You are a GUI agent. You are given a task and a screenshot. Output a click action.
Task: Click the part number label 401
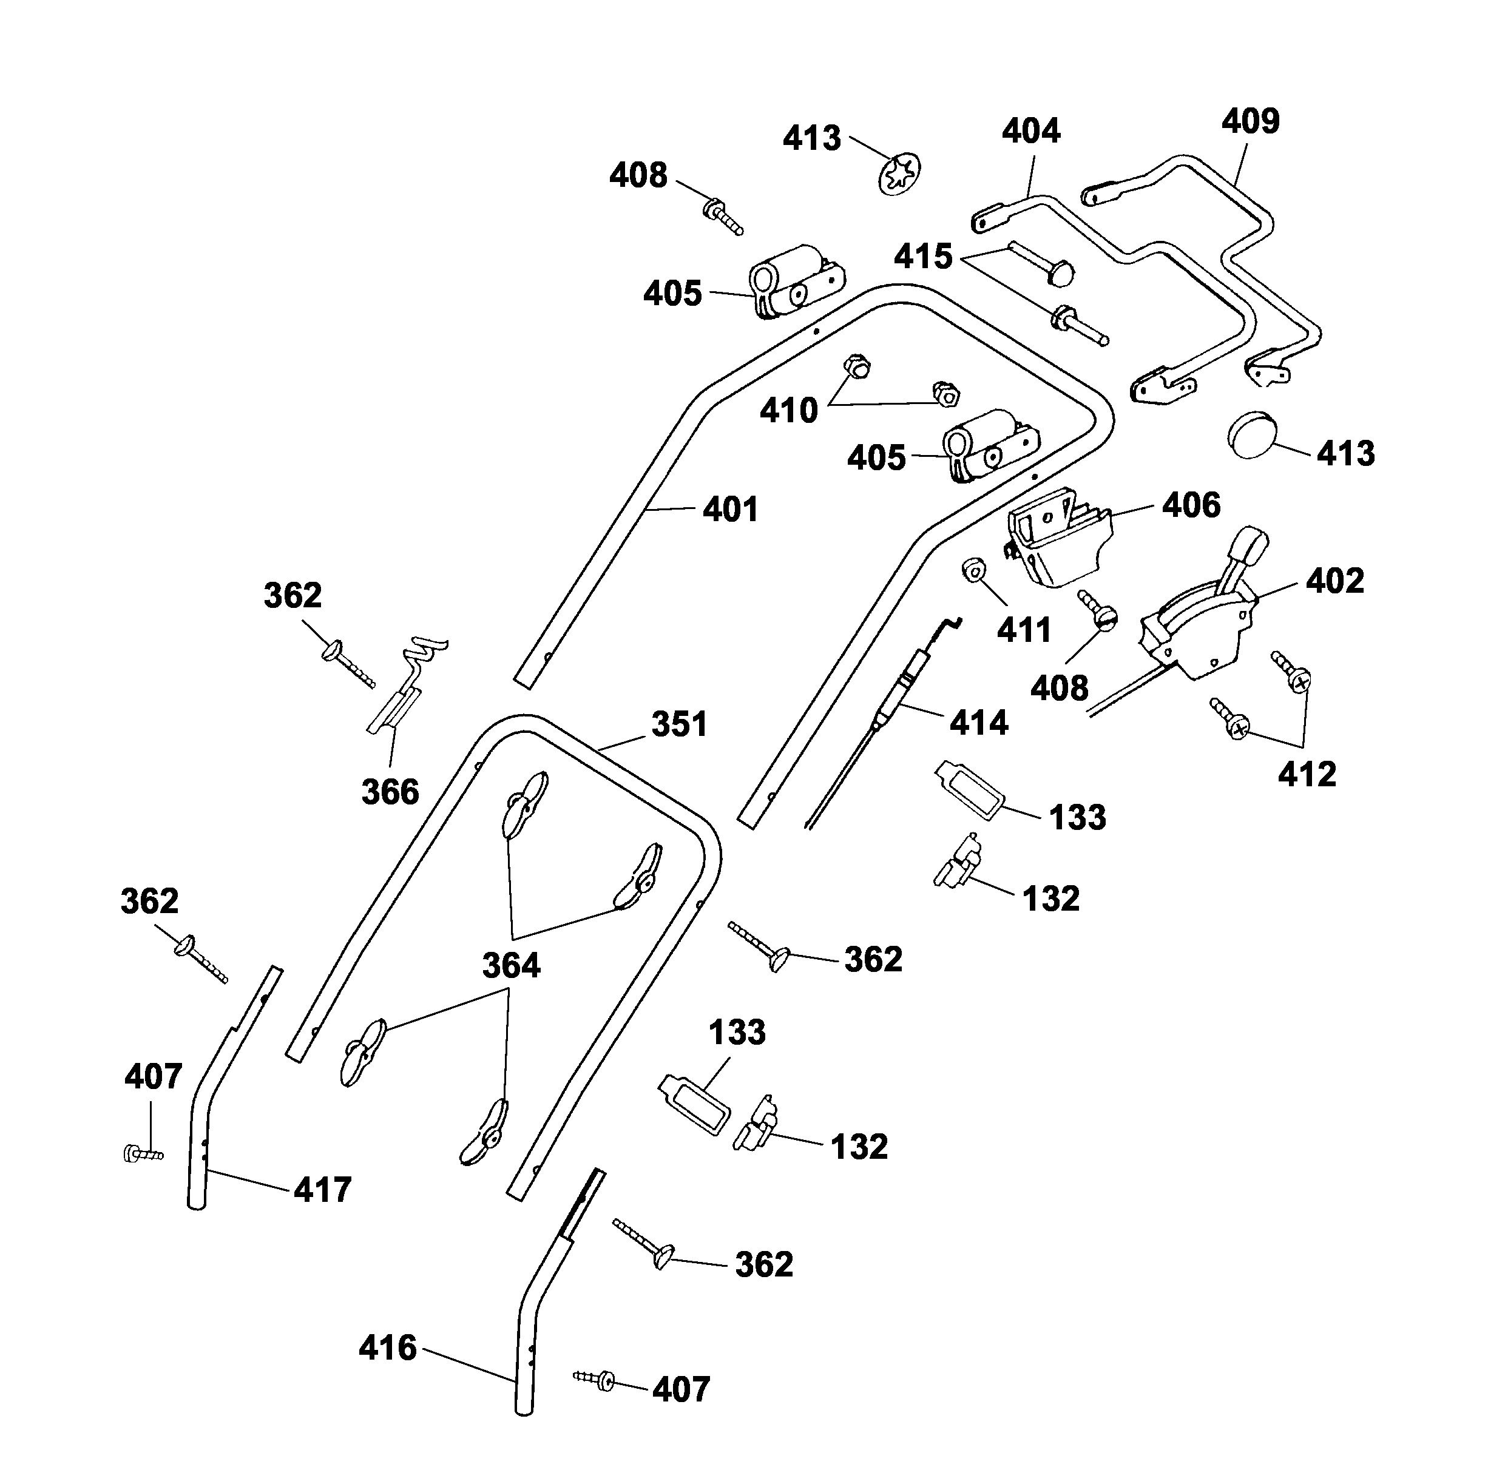(730, 510)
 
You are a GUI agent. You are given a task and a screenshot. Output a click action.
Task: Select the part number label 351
(679, 725)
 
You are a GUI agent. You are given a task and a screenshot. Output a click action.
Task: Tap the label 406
(1191, 505)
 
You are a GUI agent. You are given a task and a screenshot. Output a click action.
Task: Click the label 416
(388, 1348)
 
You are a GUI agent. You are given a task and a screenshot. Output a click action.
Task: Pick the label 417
(322, 1190)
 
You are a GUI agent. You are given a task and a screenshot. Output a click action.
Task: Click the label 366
(390, 792)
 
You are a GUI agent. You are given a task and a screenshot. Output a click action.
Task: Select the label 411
(1023, 631)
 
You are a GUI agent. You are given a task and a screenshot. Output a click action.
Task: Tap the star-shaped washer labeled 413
(900, 175)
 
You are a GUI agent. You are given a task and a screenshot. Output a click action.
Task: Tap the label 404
(1030, 132)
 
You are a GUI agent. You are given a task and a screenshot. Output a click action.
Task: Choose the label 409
(1250, 122)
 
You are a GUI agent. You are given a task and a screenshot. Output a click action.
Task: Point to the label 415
(922, 257)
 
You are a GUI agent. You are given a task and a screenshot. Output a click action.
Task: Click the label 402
(1334, 582)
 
